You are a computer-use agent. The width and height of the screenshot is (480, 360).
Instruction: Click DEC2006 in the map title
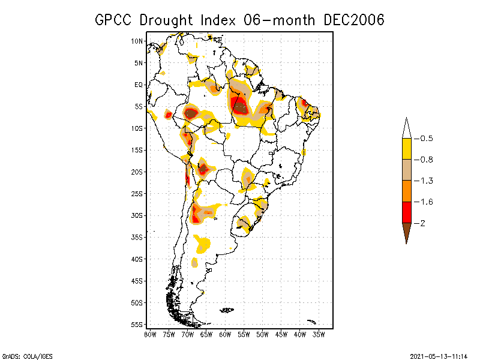[x=353, y=20]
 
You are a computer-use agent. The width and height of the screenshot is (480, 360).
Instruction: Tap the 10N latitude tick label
[x=137, y=41]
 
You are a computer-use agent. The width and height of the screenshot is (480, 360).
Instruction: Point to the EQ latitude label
[x=139, y=85]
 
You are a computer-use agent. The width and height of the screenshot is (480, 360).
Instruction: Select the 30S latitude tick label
[x=137, y=215]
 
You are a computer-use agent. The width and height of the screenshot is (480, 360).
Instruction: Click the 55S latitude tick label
[x=137, y=324]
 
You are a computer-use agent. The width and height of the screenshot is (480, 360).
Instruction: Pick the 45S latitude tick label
[x=137, y=281]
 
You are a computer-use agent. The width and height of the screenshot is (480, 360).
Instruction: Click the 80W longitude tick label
[x=150, y=334]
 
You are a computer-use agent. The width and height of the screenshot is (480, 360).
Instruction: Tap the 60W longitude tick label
[x=225, y=334]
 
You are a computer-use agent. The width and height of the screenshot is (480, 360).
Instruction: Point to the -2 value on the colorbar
[x=421, y=223]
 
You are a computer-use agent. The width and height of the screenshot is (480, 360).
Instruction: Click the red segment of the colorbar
[x=406, y=212]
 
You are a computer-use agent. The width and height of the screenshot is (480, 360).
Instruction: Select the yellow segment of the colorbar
[x=406, y=149]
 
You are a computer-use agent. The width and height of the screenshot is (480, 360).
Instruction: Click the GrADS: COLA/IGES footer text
[x=22, y=355]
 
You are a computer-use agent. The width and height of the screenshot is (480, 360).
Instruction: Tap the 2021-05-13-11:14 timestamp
[x=439, y=355]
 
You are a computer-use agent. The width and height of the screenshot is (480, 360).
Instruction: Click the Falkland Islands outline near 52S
[x=227, y=310]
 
